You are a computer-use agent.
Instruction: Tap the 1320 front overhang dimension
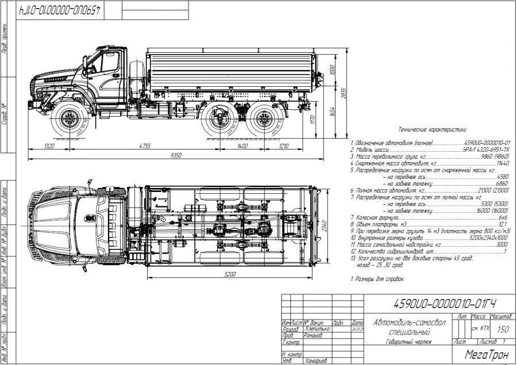[49, 146]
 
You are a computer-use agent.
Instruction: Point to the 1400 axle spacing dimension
[242, 146]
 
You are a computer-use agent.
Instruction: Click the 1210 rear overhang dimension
[284, 146]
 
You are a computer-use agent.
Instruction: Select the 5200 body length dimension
[230, 274]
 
